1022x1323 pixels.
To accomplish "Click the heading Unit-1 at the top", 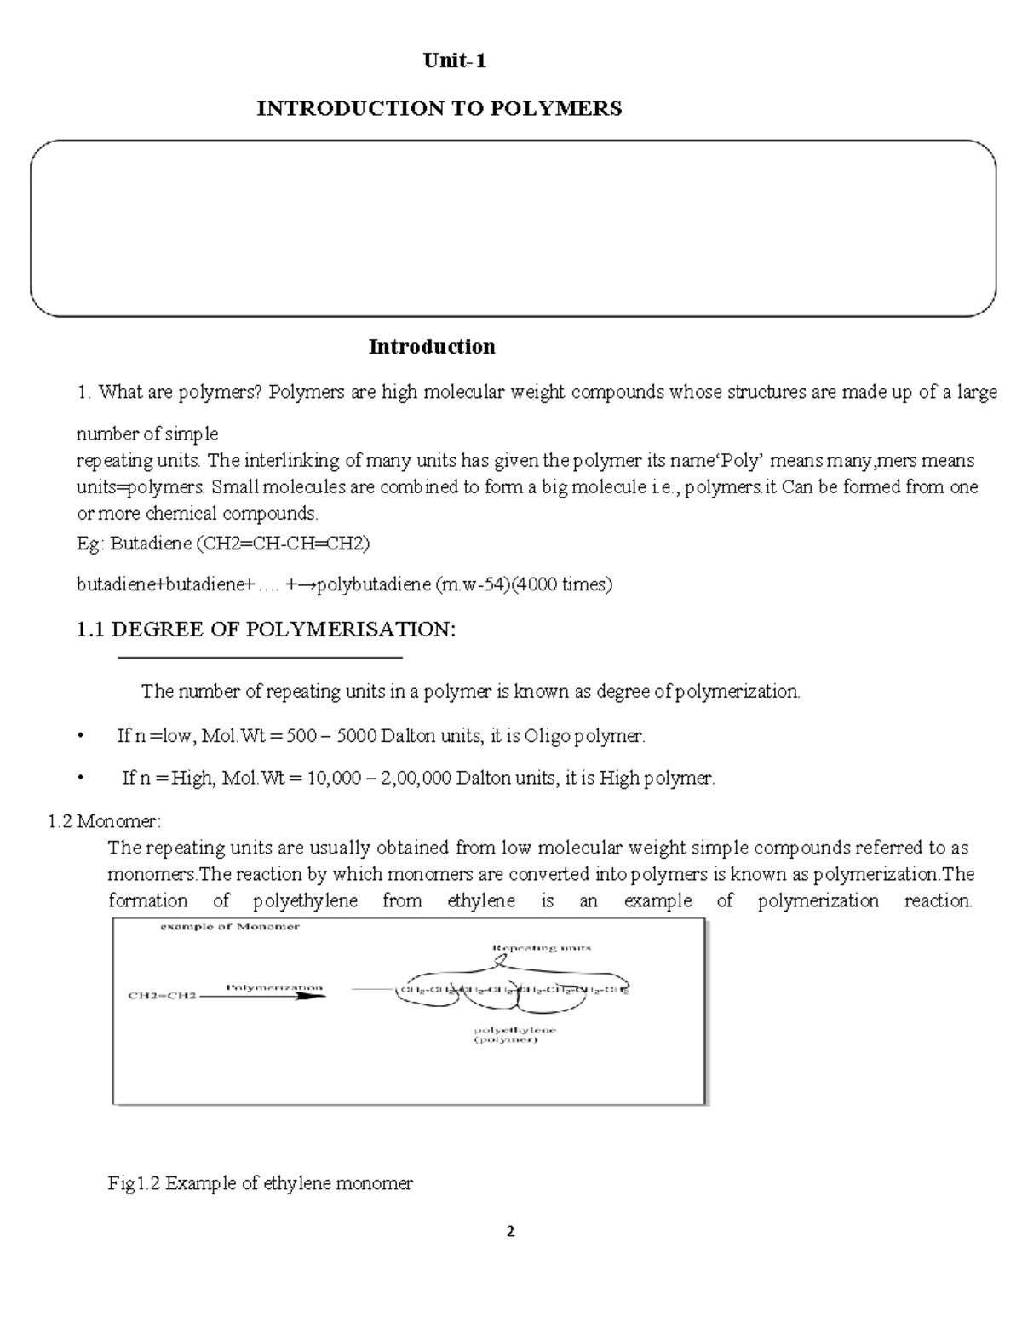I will point(456,61).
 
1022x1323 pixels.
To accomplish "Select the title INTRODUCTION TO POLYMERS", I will point(439,109).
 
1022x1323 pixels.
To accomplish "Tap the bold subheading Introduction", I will point(431,347).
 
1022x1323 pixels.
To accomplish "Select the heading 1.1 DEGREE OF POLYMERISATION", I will point(266,630).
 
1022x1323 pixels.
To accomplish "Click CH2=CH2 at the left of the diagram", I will point(162,995).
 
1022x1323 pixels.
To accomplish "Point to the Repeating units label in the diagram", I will point(542,947).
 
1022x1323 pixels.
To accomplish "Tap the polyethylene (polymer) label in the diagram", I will point(514,1035).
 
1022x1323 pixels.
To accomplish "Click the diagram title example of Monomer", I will point(230,927).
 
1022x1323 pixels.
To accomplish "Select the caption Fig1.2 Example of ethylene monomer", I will point(261,1183).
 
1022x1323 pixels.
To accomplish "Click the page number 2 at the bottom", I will point(510,1231).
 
